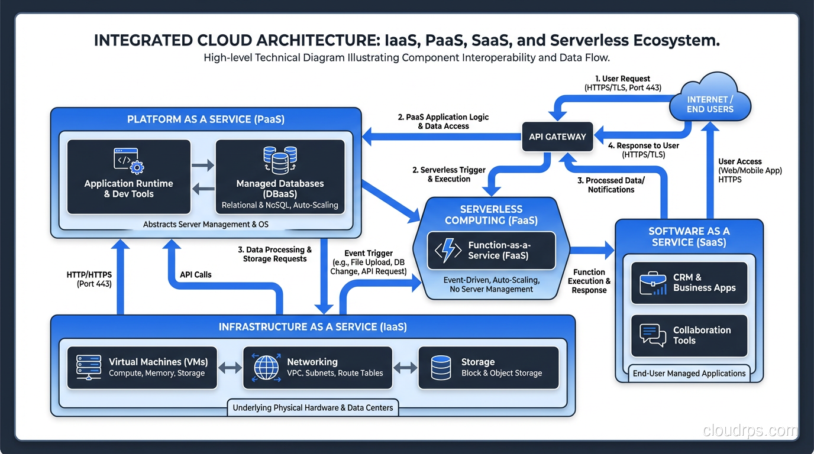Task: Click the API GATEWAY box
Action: [557, 137]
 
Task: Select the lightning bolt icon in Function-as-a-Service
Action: [448, 251]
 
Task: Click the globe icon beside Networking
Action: [266, 368]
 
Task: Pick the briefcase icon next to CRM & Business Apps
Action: [653, 283]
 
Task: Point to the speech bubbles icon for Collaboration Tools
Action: [653, 335]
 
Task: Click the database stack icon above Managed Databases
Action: [280, 160]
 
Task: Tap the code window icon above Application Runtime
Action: [128, 160]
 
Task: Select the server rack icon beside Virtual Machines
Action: [89, 367]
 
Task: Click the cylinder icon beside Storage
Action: [441, 368]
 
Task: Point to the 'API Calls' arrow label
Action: [195, 274]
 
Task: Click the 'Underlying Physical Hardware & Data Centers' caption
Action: [313, 408]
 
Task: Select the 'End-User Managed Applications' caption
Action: [689, 374]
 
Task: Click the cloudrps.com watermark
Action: [750, 431]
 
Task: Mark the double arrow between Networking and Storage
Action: [405, 368]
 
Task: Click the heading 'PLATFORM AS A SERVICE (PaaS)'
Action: [206, 119]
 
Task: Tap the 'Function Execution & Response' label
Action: [589, 281]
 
